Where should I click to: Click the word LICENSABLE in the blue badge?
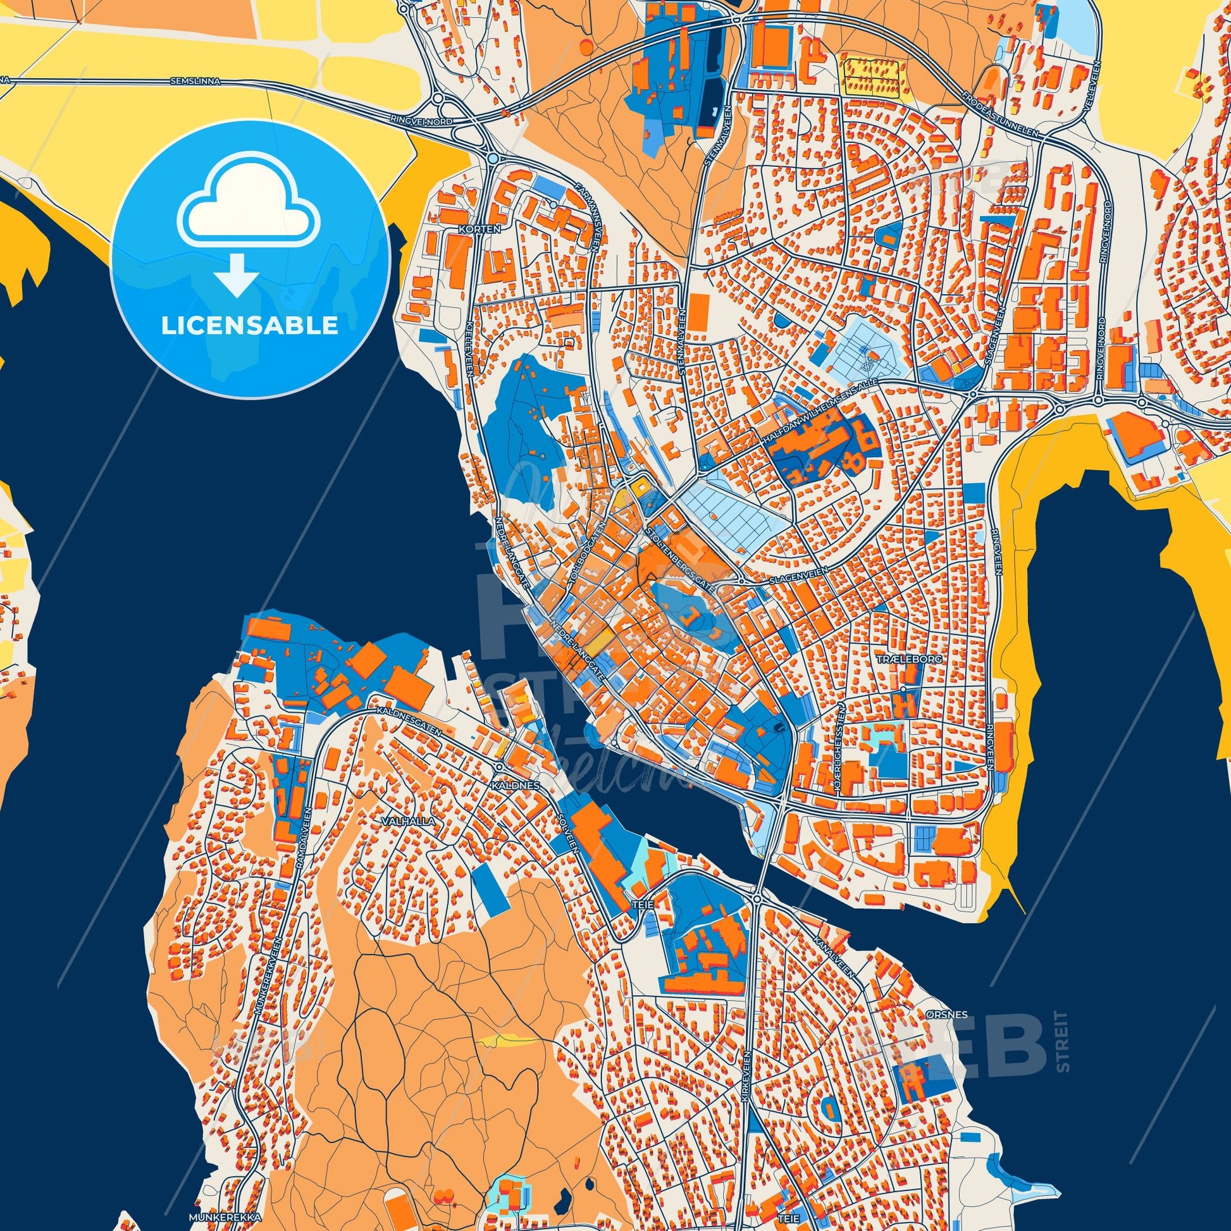tap(249, 326)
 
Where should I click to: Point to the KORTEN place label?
tap(483, 227)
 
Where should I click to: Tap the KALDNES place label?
tap(516, 786)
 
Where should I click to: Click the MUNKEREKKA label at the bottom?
tap(230, 1216)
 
